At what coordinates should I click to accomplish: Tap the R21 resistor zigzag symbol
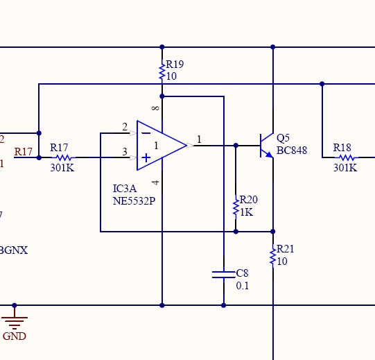(273, 256)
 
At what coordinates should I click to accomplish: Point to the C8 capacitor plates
(224, 275)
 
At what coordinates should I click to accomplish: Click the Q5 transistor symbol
(267, 146)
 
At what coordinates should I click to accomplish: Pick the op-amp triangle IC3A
(162, 146)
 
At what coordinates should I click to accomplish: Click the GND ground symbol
(15, 320)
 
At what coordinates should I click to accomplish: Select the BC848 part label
(292, 151)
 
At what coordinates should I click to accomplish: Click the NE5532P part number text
(134, 201)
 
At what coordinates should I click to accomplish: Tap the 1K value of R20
(246, 212)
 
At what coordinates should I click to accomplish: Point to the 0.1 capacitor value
(243, 286)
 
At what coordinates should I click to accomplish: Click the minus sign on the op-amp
(146, 133)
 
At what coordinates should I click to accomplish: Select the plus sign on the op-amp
(146, 158)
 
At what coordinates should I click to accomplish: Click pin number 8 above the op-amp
(155, 108)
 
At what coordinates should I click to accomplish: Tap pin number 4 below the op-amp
(155, 182)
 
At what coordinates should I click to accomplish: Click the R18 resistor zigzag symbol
(347, 157)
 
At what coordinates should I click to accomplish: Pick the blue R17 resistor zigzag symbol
(64, 157)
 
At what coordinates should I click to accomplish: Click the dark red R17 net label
(23, 152)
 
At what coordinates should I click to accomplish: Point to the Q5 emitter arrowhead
(269, 155)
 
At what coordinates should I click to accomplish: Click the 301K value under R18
(345, 168)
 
